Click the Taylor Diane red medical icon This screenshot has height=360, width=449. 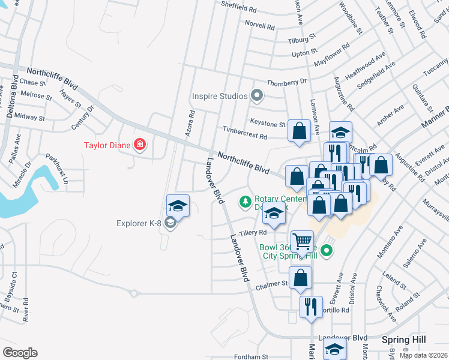[x=140, y=145]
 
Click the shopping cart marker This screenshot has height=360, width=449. [x=302, y=242]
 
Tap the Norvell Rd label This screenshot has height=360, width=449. [x=259, y=26]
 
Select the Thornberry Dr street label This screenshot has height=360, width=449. [x=286, y=81]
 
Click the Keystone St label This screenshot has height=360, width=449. [x=268, y=124]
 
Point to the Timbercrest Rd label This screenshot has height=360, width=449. [x=244, y=133]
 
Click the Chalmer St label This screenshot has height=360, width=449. [x=274, y=283]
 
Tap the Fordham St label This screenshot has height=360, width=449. [x=250, y=357]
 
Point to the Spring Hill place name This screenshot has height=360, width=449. [x=404, y=340]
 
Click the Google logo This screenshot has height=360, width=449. [x=20, y=353]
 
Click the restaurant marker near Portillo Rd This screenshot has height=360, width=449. [x=311, y=307]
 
